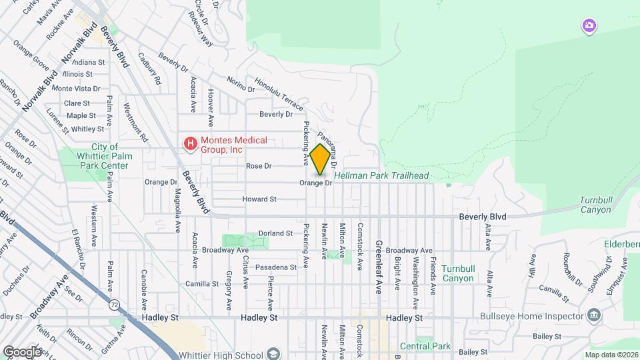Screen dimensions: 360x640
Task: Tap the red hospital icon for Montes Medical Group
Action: point(191,144)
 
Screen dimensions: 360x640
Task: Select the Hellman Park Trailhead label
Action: point(381,175)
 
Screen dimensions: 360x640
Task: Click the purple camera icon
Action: point(589,26)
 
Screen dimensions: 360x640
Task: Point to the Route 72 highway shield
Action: point(114,305)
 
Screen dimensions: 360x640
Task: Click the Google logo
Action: point(21,351)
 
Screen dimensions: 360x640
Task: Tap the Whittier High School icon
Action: point(272,353)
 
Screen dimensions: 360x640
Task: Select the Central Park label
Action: point(425,347)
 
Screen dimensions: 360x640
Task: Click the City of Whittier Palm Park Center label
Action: point(105,156)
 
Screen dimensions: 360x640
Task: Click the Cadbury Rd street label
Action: point(149,69)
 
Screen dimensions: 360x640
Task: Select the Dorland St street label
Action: point(276,233)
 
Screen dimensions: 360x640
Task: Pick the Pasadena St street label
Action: point(276,267)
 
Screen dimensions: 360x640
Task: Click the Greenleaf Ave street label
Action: point(377,267)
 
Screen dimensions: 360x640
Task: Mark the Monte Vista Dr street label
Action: point(76,88)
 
